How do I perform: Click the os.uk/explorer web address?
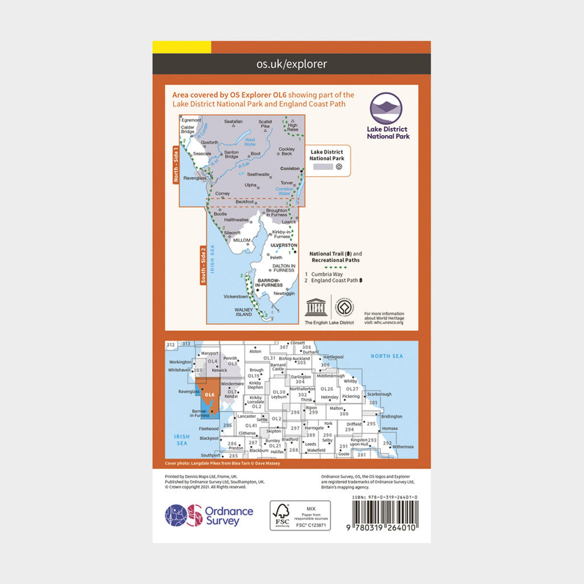point(291,64)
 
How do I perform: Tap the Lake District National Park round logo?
point(386,108)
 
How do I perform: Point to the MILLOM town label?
point(242,241)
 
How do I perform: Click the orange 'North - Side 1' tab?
point(176,164)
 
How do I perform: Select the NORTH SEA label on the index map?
point(387,356)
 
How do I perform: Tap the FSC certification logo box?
point(291,516)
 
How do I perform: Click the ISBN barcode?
point(384,520)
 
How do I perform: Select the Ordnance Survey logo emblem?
point(184,516)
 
